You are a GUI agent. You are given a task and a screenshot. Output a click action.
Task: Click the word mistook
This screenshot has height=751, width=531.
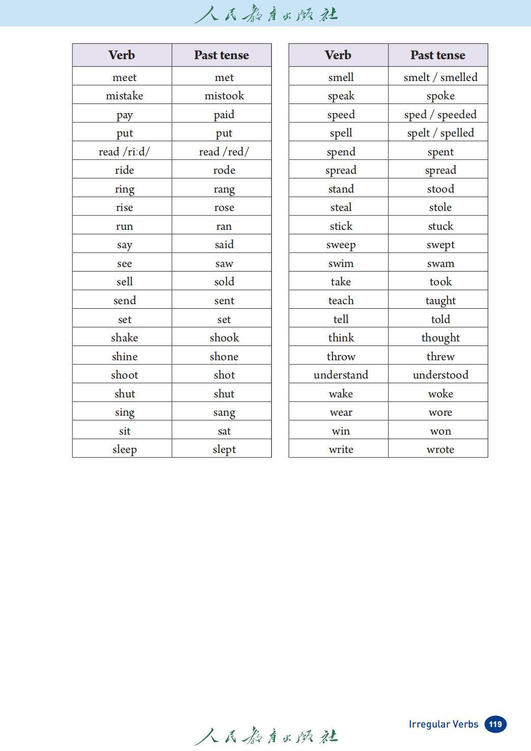pos(224,96)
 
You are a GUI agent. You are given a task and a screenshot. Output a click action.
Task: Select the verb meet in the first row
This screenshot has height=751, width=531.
pos(124,77)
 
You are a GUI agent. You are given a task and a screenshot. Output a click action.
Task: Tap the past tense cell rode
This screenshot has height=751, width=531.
pos(224,170)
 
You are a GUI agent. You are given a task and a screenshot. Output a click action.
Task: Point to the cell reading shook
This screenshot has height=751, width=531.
pos(224,338)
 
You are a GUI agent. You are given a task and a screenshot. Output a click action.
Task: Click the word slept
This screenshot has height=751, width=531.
pos(224,449)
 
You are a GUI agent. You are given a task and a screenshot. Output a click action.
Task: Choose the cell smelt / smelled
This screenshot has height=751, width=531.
pos(440,77)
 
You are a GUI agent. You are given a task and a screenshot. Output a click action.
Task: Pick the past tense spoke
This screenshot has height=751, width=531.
pos(440,96)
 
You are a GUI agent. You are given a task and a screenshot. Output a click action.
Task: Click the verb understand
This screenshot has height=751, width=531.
pos(341,375)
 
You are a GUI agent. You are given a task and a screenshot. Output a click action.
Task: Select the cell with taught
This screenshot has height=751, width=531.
pos(440,301)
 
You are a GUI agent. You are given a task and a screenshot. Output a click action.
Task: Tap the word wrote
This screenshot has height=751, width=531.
pos(440,449)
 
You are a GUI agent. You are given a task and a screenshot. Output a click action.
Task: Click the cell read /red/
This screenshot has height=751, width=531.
pos(224,152)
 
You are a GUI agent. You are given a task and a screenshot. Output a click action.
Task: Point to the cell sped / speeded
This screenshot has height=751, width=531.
pos(440,115)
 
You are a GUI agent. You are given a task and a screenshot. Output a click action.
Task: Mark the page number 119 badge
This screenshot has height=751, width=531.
pos(495,724)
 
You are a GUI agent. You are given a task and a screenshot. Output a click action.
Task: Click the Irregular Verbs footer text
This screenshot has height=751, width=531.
pos(443,724)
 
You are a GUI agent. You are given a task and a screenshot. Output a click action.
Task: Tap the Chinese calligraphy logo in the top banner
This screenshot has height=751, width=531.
pos(266,14)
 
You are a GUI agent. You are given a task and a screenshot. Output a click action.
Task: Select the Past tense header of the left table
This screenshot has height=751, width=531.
pos(221,55)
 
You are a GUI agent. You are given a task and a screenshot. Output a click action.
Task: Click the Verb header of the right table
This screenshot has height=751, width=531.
pos(338,55)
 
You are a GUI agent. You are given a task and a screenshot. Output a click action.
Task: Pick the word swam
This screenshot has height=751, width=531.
pos(440,263)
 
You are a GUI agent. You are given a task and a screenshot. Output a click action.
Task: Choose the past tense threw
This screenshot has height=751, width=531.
pos(440,357)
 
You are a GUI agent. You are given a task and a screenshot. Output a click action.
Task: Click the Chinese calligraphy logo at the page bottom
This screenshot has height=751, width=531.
pos(266,736)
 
